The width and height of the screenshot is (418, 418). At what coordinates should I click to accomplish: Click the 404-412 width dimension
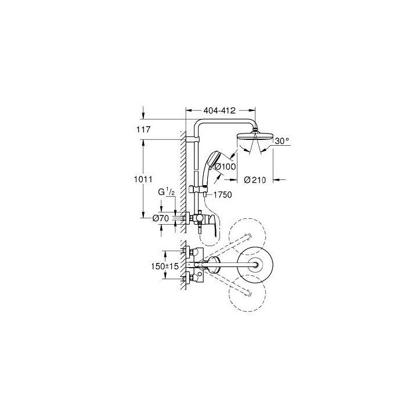tap(219, 109)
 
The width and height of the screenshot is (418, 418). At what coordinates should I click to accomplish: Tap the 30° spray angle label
tap(282, 141)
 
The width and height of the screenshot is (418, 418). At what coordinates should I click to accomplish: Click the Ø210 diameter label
tap(255, 180)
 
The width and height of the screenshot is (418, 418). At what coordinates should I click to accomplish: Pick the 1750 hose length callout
tap(223, 195)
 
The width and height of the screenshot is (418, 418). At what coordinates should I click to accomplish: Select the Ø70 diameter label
tap(160, 218)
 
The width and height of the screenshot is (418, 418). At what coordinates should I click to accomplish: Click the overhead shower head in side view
tap(254, 140)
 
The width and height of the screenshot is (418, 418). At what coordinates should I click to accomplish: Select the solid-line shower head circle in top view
tap(255, 265)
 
